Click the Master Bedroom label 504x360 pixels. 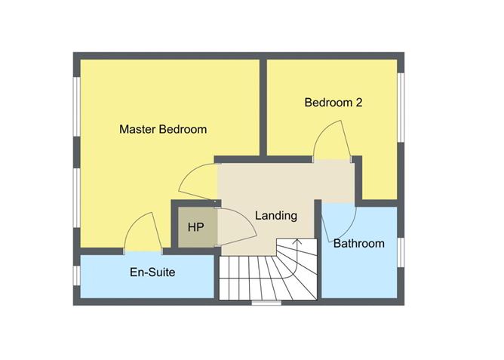pyautogui.click(x=163, y=129)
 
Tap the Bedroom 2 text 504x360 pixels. pyautogui.click(x=333, y=103)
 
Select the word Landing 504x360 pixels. pyautogui.click(x=276, y=216)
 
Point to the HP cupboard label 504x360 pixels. pyautogui.click(x=195, y=227)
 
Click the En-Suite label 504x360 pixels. pyautogui.click(x=152, y=272)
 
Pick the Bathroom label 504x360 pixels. pyautogui.click(x=358, y=243)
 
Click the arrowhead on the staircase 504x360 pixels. pyautogui.click(x=297, y=242)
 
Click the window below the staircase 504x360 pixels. pyautogui.click(x=266, y=303)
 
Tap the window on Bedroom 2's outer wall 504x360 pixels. pyautogui.click(x=401, y=108)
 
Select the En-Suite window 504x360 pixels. pyautogui.click(x=76, y=275)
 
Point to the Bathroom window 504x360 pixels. pyautogui.click(x=401, y=253)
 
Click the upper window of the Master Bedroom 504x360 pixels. pyautogui.click(x=76, y=106)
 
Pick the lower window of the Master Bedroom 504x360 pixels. pyautogui.click(x=76, y=198)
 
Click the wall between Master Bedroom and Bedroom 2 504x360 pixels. pyautogui.click(x=263, y=108)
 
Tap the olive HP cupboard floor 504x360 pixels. pyautogui.click(x=198, y=227)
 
